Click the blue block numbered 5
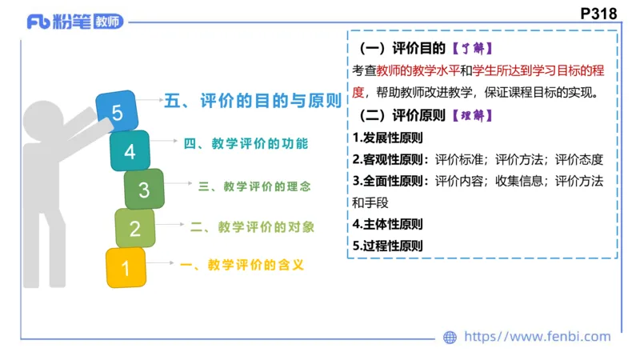(118, 113)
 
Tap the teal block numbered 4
(130, 150)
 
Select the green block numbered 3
(144, 190)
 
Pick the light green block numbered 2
(134, 229)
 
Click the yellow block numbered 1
(126, 267)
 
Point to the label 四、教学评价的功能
(245, 144)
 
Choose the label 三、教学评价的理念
(254, 186)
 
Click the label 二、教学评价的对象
(252, 227)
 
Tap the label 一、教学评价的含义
(242, 266)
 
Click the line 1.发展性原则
(387, 138)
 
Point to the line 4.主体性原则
(387, 224)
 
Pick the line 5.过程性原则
(387, 246)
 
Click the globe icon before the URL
(450, 338)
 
